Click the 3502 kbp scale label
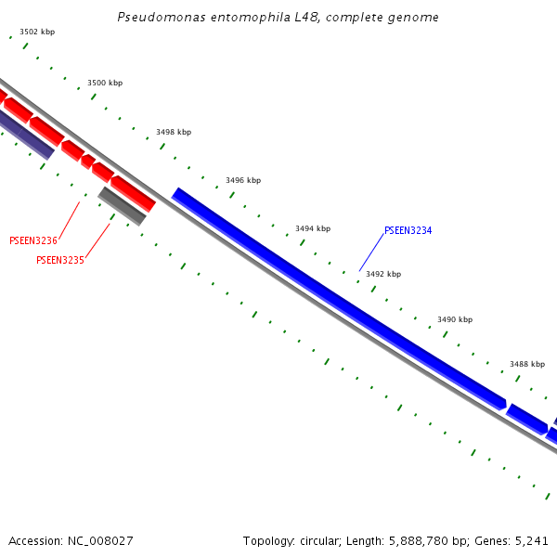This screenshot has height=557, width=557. click(x=37, y=32)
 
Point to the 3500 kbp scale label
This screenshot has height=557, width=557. click(x=105, y=83)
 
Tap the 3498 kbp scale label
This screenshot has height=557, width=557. click(x=174, y=132)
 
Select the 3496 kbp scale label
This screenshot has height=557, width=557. click(x=243, y=180)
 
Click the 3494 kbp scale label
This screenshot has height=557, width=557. click(x=313, y=228)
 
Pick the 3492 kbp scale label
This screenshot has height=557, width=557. click(x=383, y=274)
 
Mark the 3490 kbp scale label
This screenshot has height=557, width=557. click(x=455, y=319)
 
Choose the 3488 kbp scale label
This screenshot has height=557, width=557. click(x=527, y=364)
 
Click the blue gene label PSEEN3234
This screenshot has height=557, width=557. click(x=408, y=230)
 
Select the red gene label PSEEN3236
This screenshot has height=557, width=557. click(x=33, y=241)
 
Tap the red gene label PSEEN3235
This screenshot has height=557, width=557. click(x=60, y=261)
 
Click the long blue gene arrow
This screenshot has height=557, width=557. click(x=339, y=297)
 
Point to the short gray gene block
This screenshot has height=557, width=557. click(x=122, y=206)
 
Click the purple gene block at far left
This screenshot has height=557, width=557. click(x=26, y=134)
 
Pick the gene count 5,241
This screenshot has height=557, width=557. click(x=531, y=540)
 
